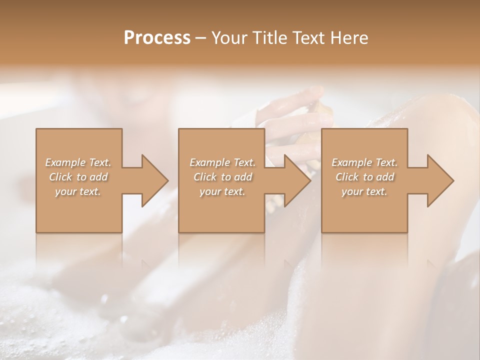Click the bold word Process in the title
[157, 38]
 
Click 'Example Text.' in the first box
[78, 162]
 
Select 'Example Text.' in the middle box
[222, 162]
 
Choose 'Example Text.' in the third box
[364, 162]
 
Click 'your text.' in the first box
[78, 191]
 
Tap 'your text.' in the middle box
[222, 191]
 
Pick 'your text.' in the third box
[364, 191]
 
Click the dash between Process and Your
[201, 38]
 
